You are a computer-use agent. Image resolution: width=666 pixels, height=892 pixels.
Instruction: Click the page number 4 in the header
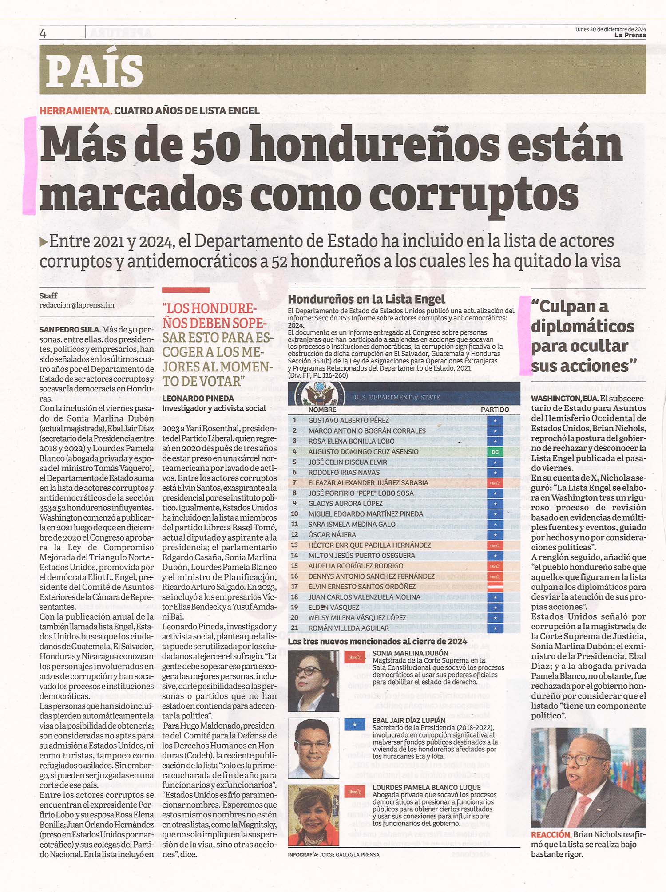click(43, 34)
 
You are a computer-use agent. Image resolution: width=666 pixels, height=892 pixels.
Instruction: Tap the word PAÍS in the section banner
click(94, 71)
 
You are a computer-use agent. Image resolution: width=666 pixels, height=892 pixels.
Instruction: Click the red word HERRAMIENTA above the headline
click(75, 111)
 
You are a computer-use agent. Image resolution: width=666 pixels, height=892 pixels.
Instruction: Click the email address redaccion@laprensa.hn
click(77, 305)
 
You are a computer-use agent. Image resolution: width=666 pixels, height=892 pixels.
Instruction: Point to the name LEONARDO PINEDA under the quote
click(198, 399)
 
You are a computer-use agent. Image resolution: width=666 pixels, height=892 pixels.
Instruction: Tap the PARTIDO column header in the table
click(495, 410)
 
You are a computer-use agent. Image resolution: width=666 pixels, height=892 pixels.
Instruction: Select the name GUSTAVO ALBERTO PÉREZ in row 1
click(349, 420)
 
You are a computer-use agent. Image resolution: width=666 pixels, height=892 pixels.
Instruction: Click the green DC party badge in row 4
click(495, 452)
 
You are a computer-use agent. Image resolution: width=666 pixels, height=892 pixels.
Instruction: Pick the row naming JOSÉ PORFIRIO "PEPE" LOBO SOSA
click(361, 493)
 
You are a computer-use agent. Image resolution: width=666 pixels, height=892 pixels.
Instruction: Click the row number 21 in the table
click(294, 628)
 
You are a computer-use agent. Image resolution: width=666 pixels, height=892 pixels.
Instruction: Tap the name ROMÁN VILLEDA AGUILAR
click(349, 628)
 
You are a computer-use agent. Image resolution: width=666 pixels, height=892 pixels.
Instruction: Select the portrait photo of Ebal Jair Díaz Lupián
click(313, 749)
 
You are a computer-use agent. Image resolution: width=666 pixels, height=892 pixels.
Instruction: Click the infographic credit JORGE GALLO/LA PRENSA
click(349, 855)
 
